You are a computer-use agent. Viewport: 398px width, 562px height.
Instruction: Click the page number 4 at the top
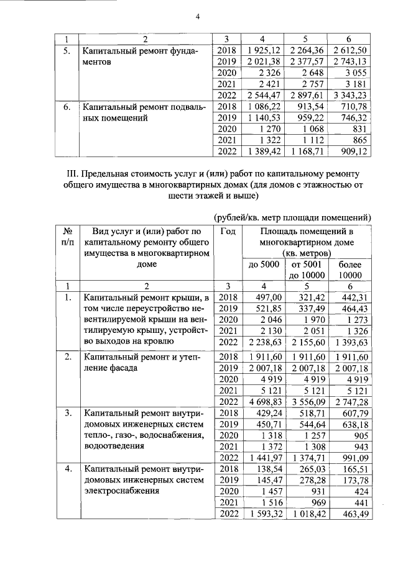(x=198, y=17)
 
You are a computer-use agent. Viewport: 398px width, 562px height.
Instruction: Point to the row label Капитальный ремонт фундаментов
(x=141, y=57)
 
